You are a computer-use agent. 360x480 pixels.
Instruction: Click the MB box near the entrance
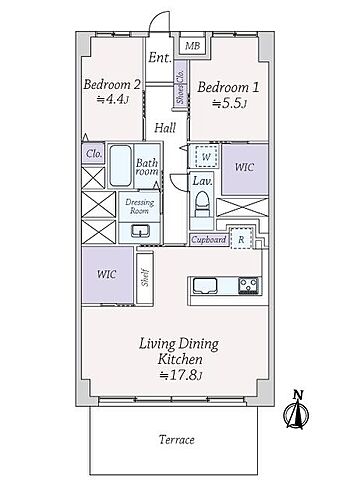[x=191, y=46]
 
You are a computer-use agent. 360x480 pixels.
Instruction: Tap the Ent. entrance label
[x=159, y=58]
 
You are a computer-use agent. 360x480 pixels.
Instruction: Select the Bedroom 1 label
[x=224, y=87]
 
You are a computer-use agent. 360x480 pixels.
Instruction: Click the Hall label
[x=166, y=127]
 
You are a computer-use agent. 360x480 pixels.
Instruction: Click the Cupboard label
[x=208, y=240]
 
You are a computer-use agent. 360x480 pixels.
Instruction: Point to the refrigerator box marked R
[x=241, y=240]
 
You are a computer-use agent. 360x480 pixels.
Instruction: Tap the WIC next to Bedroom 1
[x=243, y=168]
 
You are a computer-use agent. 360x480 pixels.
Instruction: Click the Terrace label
[x=176, y=439]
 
